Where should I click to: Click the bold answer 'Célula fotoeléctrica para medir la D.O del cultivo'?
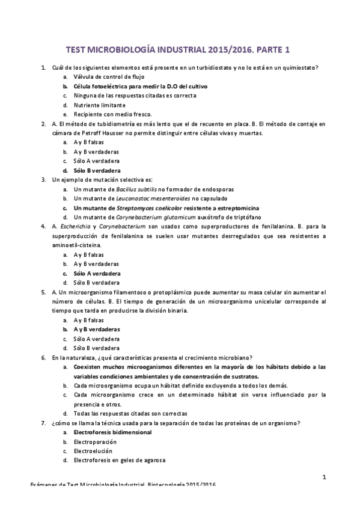135,86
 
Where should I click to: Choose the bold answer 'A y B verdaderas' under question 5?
96,329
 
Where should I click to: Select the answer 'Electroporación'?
94,441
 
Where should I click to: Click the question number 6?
43,357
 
